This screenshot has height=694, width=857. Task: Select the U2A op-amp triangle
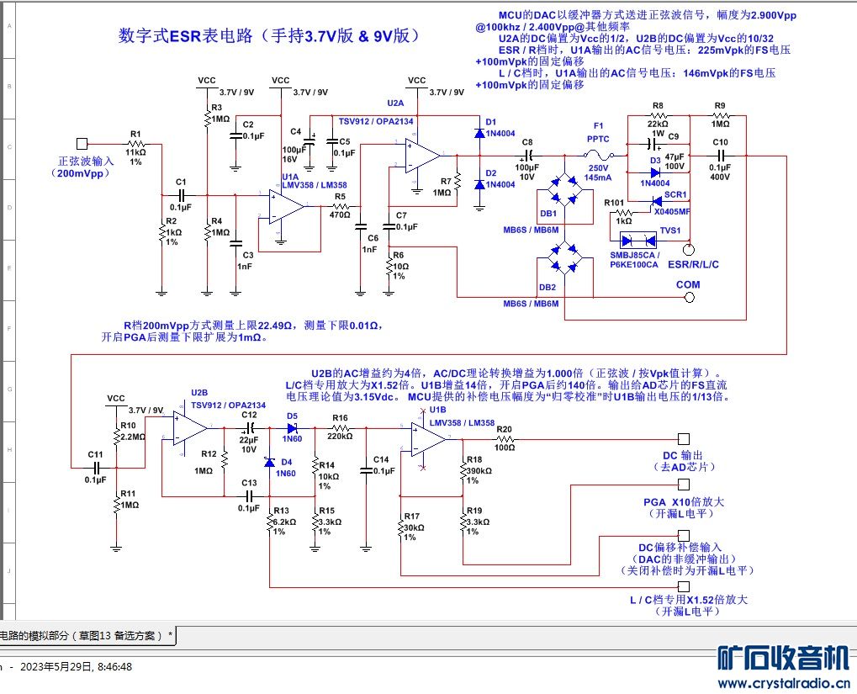click(x=422, y=156)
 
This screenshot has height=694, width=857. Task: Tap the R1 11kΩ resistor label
click(x=135, y=152)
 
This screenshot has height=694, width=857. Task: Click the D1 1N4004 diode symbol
click(x=479, y=133)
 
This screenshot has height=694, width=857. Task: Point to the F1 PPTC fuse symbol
click(x=599, y=156)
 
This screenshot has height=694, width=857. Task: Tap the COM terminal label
click(x=688, y=284)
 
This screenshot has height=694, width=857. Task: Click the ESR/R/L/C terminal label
click(x=693, y=264)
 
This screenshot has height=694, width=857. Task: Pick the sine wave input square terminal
click(x=82, y=144)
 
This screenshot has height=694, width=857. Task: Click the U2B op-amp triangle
click(x=190, y=426)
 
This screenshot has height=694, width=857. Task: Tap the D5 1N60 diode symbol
click(x=292, y=427)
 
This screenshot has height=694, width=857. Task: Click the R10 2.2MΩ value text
click(x=132, y=437)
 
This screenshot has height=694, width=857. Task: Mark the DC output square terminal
click(x=684, y=439)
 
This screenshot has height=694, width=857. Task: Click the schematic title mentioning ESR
click(x=268, y=36)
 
